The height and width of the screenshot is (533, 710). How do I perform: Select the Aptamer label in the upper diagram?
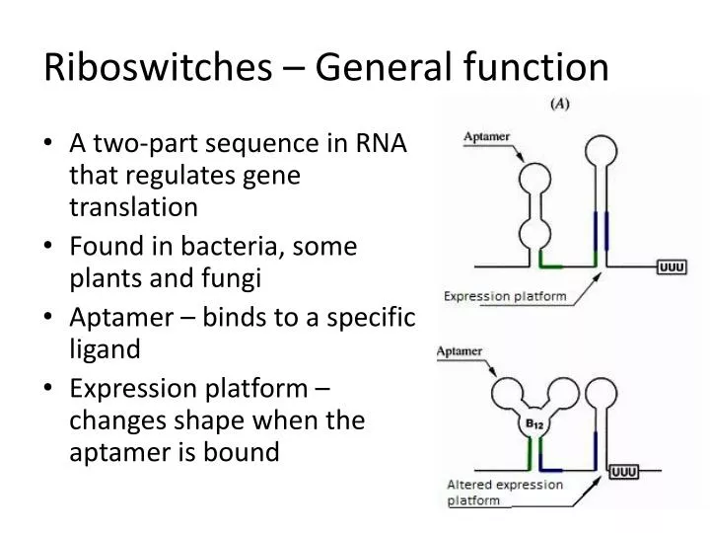(486, 138)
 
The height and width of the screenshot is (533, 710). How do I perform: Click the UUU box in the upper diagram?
(672, 266)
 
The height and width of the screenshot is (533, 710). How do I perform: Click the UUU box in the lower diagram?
(624, 472)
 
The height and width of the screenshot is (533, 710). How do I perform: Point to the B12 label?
(533, 426)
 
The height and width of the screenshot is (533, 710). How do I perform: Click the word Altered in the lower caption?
(471, 484)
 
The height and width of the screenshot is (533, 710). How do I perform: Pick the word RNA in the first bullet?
(384, 144)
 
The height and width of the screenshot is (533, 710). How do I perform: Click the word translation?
(133, 207)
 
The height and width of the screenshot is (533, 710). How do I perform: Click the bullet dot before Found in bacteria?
(50, 246)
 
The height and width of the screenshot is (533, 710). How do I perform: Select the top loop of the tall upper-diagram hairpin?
(599, 149)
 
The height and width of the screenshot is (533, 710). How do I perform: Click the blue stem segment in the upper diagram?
(596, 233)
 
